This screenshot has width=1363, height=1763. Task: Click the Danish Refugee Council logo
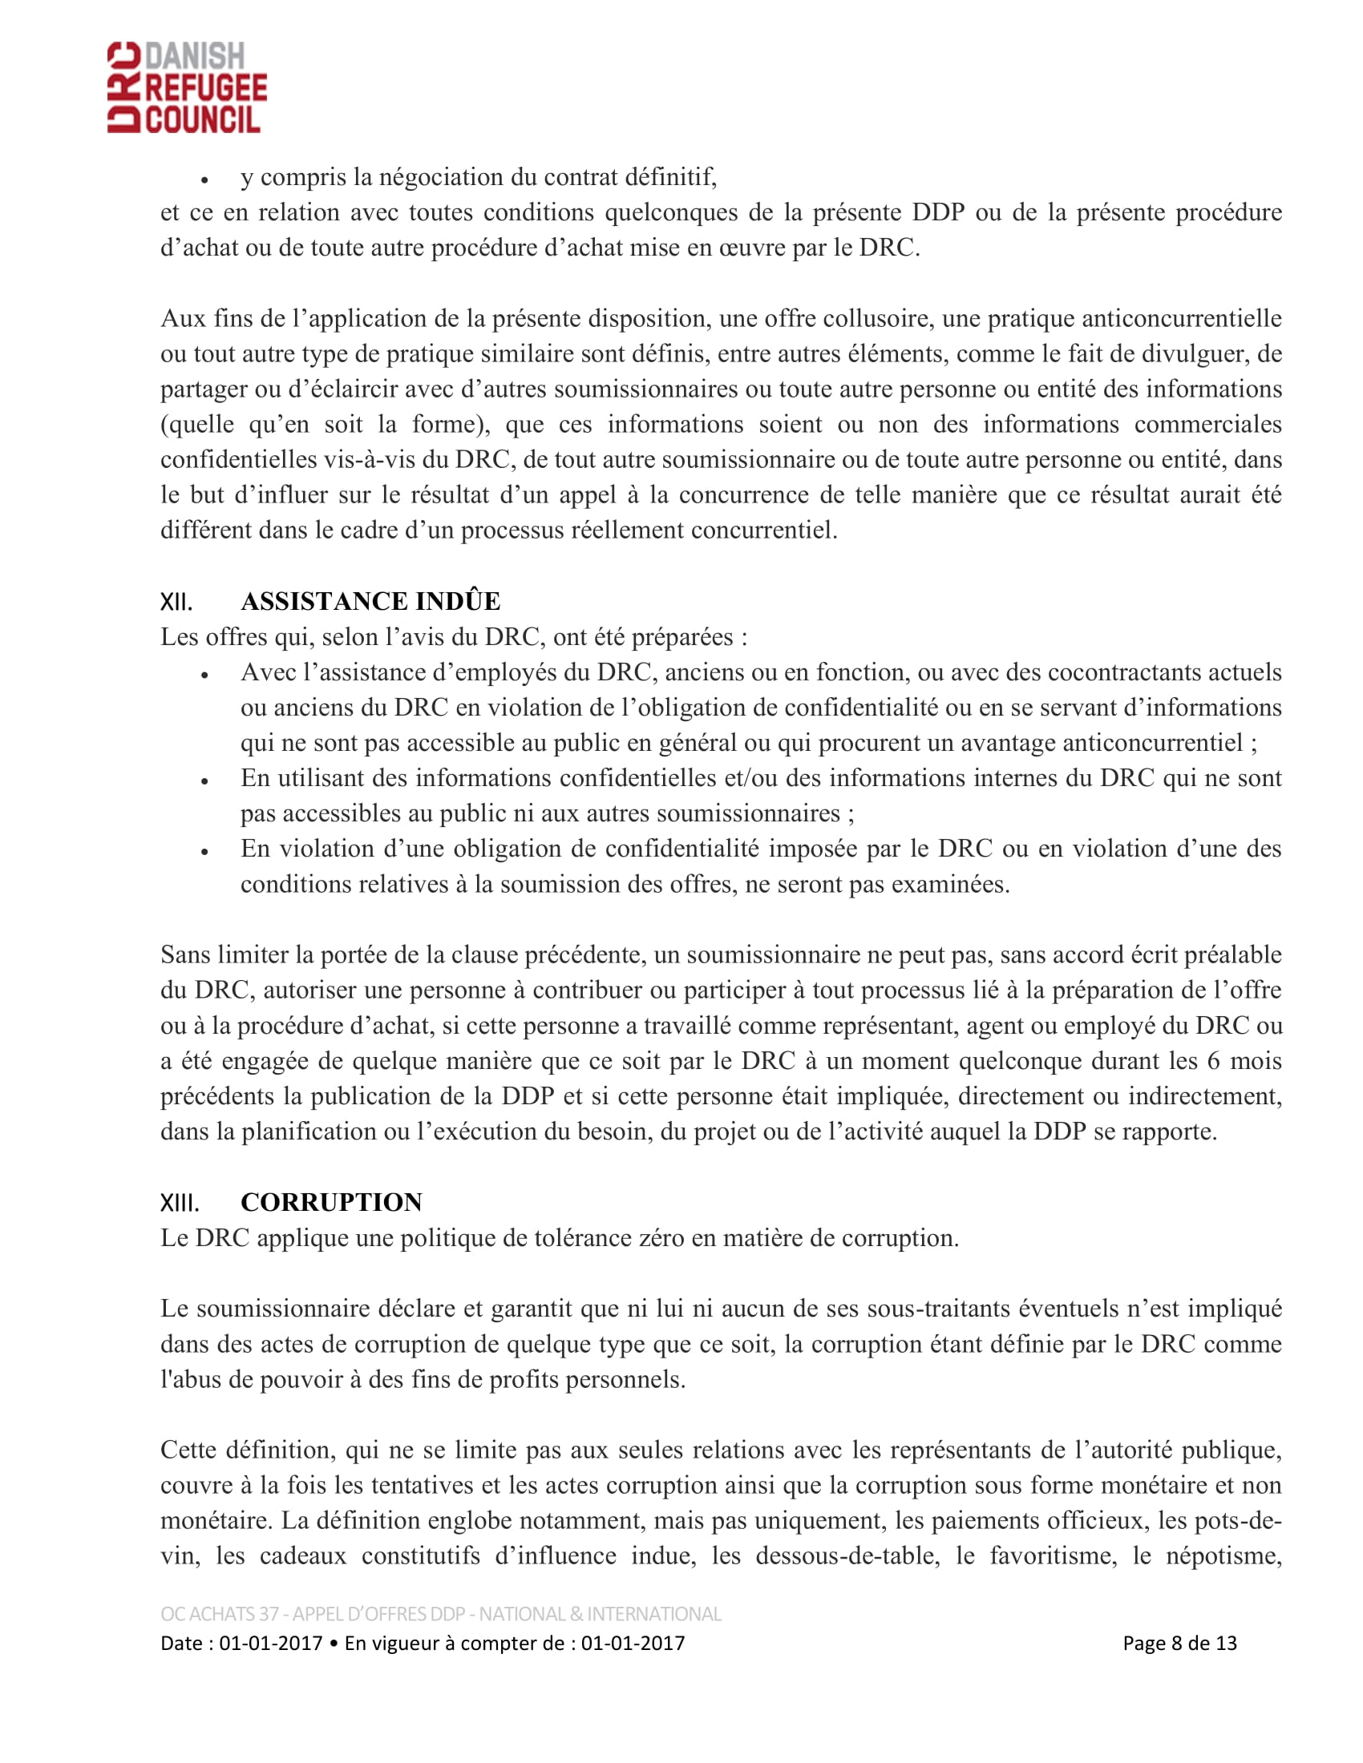(187, 87)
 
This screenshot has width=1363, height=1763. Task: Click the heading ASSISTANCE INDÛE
(370, 601)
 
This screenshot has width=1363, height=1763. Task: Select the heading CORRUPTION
(331, 1202)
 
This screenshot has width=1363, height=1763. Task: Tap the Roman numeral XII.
(176, 602)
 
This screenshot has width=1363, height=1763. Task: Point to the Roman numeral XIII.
(180, 1203)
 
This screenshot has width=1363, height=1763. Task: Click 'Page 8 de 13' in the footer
(1179, 1643)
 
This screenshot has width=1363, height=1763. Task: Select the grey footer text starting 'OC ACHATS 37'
(440, 1614)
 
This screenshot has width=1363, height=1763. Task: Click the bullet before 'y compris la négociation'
(205, 180)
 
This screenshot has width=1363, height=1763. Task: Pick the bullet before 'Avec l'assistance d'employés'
(205, 676)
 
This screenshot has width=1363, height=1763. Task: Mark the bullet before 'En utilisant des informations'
(205, 781)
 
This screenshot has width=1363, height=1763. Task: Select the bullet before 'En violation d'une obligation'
(205, 852)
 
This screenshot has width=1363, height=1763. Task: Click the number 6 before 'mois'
(1213, 1061)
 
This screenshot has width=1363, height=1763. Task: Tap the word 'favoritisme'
(1053, 1555)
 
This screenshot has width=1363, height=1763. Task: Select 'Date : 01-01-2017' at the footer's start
(241, 1643)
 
